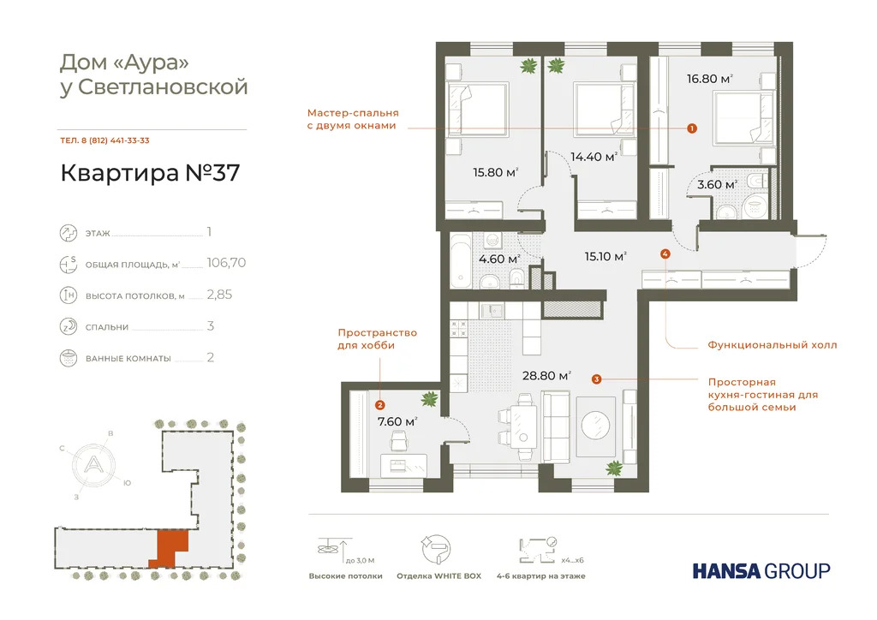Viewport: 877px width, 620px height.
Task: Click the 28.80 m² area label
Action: (x=546, y=375)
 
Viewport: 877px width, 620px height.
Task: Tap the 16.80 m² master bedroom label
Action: (x=709, y=79)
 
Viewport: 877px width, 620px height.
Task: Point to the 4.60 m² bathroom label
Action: (x=499, y=259)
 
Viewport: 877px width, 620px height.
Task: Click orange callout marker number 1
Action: (x=692, y=128)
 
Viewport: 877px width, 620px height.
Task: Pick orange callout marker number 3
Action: (x=596, y=378)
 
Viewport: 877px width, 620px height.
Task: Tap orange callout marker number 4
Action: (x=665, y=253)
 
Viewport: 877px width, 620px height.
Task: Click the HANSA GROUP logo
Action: (x=761, y=570)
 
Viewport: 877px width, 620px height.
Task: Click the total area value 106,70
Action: (x=226, y=263)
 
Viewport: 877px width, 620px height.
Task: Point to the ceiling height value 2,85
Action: (x=219, y=295)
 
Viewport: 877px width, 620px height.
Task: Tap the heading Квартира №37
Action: (x=150, y=173)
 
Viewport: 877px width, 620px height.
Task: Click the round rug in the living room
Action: (x=597, y=425)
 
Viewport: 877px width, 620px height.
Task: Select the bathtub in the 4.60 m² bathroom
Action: (x=460, y=259)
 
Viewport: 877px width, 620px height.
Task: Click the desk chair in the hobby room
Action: (x=399, y=440)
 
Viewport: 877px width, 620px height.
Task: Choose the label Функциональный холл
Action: (x=772, y=345)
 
